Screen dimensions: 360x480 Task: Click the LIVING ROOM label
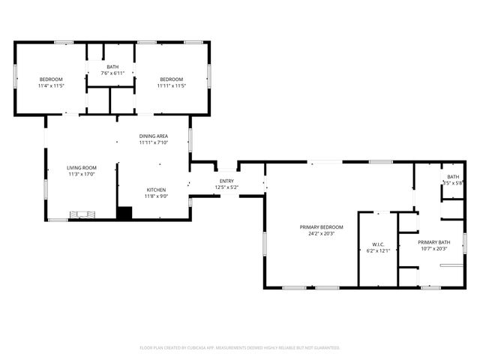(x=82, y=168)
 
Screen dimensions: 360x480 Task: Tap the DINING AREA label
(x=153, y=136)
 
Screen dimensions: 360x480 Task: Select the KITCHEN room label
(x=156, y=190)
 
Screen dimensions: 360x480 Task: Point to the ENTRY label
(x=226, y=181)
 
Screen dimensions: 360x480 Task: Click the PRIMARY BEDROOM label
(x=321, y=227)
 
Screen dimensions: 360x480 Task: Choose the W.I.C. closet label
(x=378, y=244)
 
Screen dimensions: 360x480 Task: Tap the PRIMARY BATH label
(x=433, y=241)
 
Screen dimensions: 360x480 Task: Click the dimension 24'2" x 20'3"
(x=321, y=233)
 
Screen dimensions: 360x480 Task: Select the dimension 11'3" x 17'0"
(x=82, y=174)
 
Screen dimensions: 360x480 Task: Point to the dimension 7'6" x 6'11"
(x=112, y=73)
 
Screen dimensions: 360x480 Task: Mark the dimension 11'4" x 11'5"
(x=51, y=85)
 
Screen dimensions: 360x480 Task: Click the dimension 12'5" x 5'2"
(x=226, y=187)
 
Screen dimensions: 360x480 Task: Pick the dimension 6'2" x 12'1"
(x=378, y=250)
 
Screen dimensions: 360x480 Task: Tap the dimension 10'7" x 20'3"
(x=433, y=247)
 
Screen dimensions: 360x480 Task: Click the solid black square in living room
(x=124, y=213)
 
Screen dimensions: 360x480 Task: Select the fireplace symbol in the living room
(x=82, y=215)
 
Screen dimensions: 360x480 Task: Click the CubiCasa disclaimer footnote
(x=240, y=347)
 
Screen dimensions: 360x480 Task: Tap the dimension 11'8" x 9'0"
(x=156, y=196)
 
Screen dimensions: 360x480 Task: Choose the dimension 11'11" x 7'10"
(x=153, y=142)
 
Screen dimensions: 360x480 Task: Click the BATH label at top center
(x=112, y=67)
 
